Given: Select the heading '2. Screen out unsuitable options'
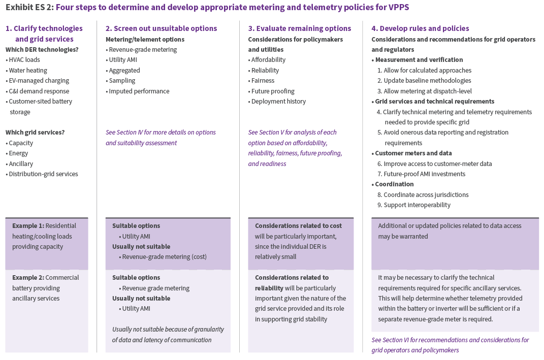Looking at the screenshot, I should pos(161,28).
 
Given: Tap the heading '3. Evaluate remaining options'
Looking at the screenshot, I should pos(299,28).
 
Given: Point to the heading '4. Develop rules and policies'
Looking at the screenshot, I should pos(420,28).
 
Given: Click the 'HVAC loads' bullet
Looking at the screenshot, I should pos(24,60).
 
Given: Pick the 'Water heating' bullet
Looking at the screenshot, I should pos(27,71).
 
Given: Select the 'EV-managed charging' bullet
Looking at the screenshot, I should pos(39,81).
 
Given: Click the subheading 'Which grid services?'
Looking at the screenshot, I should pos(35,133).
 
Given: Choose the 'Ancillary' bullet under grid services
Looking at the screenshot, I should pos(21,164).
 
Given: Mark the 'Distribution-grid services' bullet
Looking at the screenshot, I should pos(43,174).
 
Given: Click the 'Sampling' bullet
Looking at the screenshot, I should pos(122,81).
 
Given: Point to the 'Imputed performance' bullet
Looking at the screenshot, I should pos(139,91).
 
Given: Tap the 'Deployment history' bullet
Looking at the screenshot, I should pos(278,102).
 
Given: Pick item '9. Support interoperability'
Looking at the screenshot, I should pos(414,205).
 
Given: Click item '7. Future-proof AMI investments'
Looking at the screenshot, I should pos(421,174).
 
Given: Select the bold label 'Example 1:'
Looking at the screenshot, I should pos(28,226).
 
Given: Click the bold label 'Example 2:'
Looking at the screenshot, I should pos(28,278).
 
